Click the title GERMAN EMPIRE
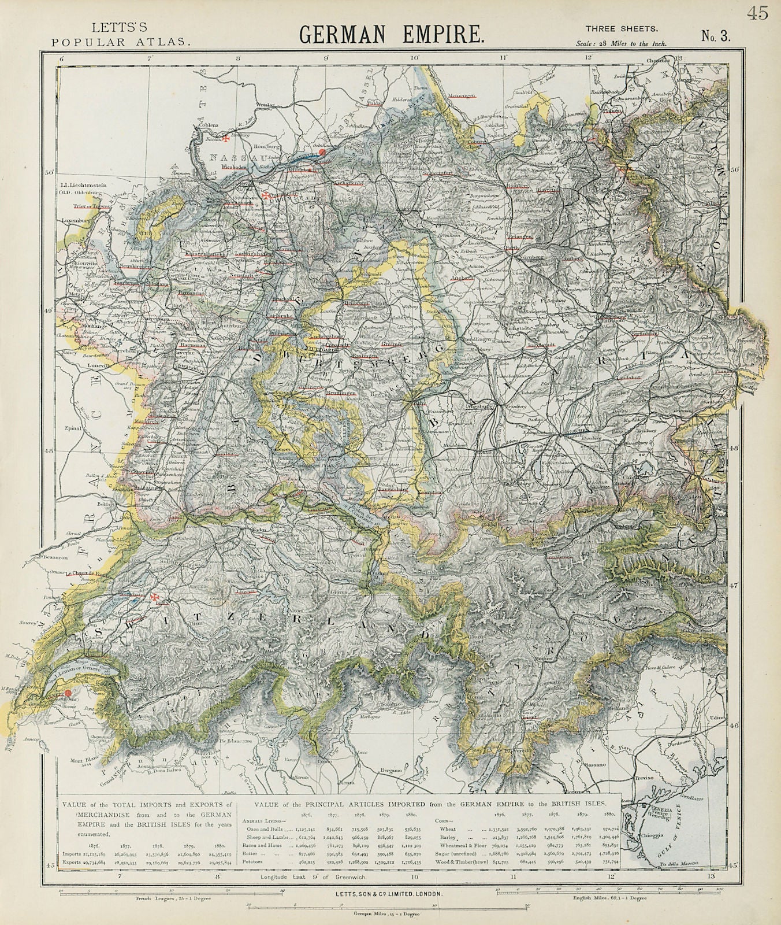pyautogui.click(x=391, y=34)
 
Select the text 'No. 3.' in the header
pyautogui.click(x=716, y=36)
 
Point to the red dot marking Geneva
pyautogui.click(x=68, y=693)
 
